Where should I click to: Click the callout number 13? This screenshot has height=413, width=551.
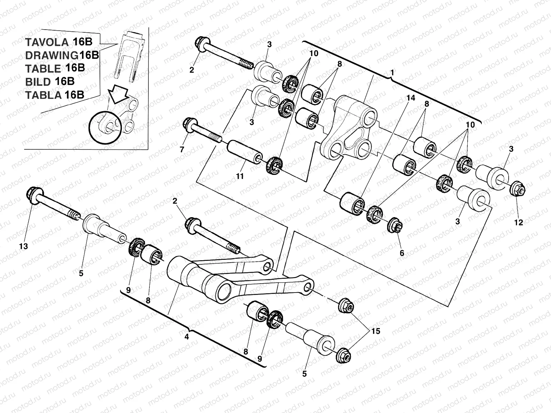click(x=24, y=246)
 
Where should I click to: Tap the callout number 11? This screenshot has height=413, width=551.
click(x=240, y=176)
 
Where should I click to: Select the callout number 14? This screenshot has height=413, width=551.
click(x=410, y=98)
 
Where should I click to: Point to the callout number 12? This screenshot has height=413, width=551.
click(x=518, y=222)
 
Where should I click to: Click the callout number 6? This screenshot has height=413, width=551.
click(x=402, y=253)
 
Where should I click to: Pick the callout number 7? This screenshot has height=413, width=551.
click(x=182, y=149)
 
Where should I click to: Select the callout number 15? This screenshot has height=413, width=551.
click(x=376, y=331)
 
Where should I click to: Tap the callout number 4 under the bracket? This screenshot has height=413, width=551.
click(x=187, y=337)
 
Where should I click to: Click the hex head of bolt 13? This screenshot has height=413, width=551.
click(x=34, y=194)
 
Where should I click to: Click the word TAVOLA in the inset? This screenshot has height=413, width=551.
click(x=47, y=42)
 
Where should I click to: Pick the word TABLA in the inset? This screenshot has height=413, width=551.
click(x=43, y=95)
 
